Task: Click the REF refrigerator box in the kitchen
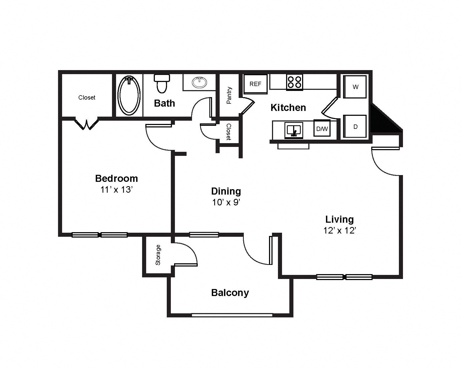tap(255, 84)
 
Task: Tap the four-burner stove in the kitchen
tap(294, 82)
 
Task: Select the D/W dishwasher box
tap(322, 129)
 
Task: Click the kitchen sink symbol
tap(294, 130)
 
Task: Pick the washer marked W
tap(355, 87)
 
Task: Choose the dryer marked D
tap(355, 126)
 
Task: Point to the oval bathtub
tap(129, 94)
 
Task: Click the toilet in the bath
tap(162, 83)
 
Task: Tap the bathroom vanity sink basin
tap(199, 82)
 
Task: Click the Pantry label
tap(229, 95)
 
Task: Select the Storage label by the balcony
tap(158, 255)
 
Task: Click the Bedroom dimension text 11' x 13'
tap(116, 190)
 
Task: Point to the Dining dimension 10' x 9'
tap(226, 202)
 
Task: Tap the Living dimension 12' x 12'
tap(340, 231)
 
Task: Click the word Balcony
tap(230, 293)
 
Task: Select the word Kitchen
tap(288, 108)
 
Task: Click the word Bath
tap(164, 103)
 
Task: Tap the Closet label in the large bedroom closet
tap(87, 97)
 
